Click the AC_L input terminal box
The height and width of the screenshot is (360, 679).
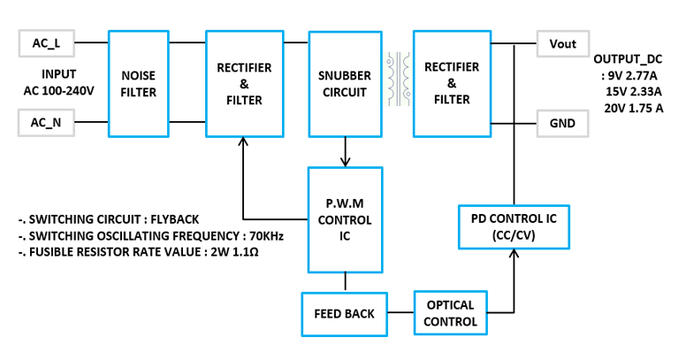click(46, 43)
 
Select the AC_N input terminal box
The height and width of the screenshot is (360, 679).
click(46, 123)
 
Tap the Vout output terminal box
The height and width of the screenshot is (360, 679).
click(563, 43)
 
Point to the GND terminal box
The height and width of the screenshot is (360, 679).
click(563, 124)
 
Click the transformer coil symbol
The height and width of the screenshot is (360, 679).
click(399, 80)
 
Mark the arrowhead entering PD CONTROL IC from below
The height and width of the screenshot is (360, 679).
click(514, 254)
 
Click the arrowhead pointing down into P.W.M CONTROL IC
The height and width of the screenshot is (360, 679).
click(345, 162)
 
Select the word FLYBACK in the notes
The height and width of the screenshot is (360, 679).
click(175, 219)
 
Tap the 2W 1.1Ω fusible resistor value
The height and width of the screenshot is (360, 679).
click(234, 252)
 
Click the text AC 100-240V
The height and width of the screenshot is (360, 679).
click(59, 91)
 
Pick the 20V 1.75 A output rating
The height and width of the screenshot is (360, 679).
click(634, 108)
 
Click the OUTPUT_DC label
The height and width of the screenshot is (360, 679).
click(628, 59)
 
